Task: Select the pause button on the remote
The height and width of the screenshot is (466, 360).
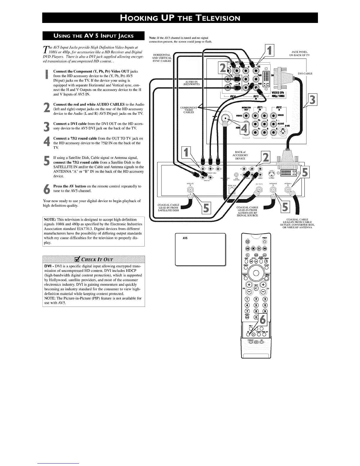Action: pos(248,242)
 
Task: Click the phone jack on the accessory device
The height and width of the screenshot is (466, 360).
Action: pos(232,191)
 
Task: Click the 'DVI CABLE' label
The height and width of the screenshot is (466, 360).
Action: pos(305,74)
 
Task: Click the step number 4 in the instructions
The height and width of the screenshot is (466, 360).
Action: pos(46,142)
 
